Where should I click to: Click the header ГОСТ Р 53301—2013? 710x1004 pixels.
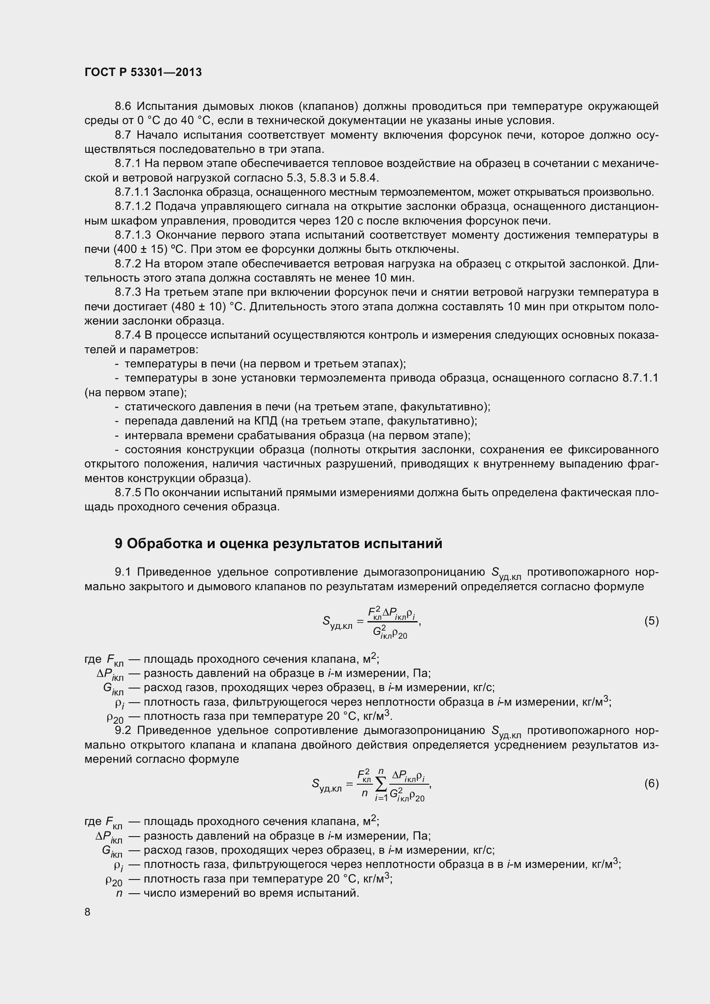(143, 73)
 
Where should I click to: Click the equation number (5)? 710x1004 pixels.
(651, 621)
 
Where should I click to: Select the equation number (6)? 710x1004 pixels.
(651, 783)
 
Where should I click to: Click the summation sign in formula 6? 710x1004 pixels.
(381, 785)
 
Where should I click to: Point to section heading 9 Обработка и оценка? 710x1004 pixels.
(278, 543)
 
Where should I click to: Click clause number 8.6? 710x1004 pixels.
(123, 106)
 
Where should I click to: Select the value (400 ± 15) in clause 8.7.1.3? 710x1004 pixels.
(141, 249)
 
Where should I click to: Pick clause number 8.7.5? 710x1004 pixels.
(128, 492)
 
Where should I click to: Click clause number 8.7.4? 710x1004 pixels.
(128, 335)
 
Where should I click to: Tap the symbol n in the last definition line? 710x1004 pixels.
(119, 893)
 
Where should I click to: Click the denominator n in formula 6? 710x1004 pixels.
(364, 793)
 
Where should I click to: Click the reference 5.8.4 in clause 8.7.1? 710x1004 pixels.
(364, 178)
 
